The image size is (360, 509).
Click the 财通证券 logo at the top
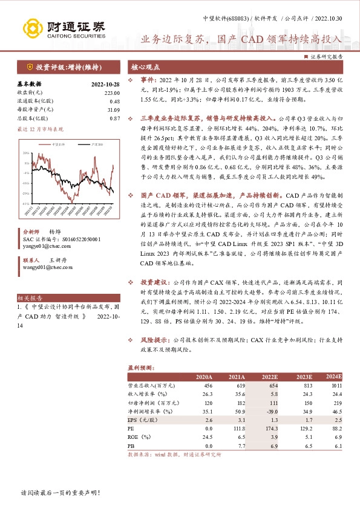click(63, 27)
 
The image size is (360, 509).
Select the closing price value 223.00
click(113, 92)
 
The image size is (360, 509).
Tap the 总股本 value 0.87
click(115, 118)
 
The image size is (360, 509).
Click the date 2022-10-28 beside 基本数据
click(106, 84)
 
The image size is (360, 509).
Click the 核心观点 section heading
click(146, 68)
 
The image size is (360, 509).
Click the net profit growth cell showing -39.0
click(270, 411)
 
